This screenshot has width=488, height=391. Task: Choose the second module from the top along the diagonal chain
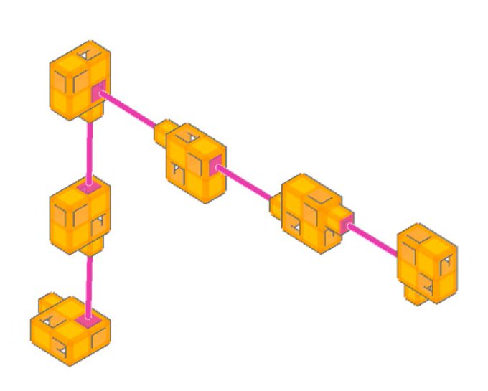click(x=195, y=164)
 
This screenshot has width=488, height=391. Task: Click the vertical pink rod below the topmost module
click(x=90, y=151)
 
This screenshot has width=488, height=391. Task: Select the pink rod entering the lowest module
click(x=89, y=283)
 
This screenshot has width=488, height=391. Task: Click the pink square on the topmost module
click(x=98, y=90)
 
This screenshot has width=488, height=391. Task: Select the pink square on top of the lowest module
click(x=88, y=321)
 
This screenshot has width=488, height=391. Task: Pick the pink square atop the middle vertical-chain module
click(x=88, y=187)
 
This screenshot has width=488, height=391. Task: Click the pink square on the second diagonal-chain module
click(x=215, y=167)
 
